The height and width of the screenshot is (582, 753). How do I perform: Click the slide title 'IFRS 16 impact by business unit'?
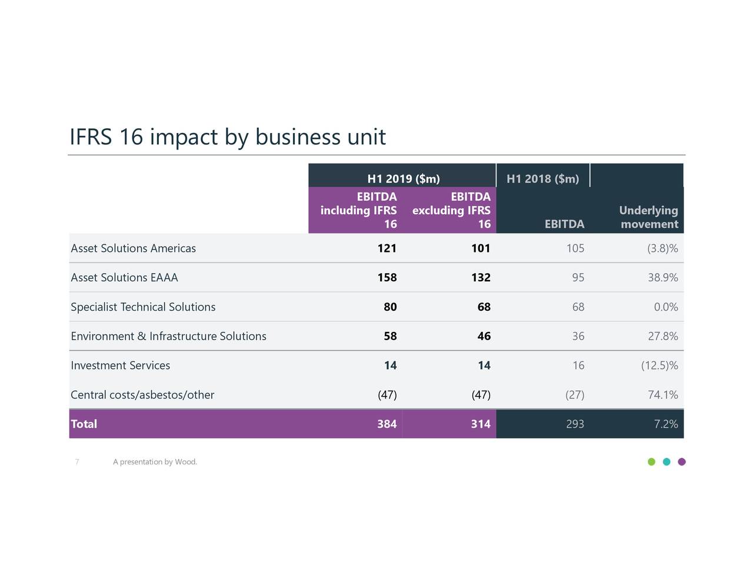click(227, 137)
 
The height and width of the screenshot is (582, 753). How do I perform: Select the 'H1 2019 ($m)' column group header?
click(403, 179)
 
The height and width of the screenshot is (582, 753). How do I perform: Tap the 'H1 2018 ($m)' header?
click(542, 179)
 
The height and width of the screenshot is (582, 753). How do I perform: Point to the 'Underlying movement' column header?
click(648, 217)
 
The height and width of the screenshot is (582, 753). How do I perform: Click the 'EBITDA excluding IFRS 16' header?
click(451, 210)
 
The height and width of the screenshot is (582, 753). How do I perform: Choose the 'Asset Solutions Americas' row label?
click(133, 248)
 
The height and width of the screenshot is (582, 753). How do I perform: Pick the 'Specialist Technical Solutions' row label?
click(143, 307)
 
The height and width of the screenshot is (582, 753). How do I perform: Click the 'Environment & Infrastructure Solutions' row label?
click(168, 337)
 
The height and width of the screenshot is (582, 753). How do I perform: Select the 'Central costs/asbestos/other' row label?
click(142, 395)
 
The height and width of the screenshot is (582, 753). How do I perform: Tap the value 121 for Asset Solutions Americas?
click(387, 248)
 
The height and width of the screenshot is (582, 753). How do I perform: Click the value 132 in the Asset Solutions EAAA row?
click(480, 278)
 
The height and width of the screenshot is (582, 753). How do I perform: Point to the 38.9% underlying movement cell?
click(662, 278)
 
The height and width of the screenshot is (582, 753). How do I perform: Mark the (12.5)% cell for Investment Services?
click(659, 366)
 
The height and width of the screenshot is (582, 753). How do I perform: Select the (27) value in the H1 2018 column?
click(574, 395)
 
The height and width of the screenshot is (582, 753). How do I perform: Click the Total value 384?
click(387, 424)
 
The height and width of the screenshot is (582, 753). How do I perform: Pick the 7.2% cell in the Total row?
click(665, 424)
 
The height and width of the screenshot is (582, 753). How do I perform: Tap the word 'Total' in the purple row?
click(84, 424)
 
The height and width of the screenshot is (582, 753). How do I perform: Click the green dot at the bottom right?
click(651, 462)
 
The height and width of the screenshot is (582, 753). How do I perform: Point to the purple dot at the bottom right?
click(682, 462)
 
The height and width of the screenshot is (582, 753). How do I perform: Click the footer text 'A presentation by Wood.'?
click(155, 462)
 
